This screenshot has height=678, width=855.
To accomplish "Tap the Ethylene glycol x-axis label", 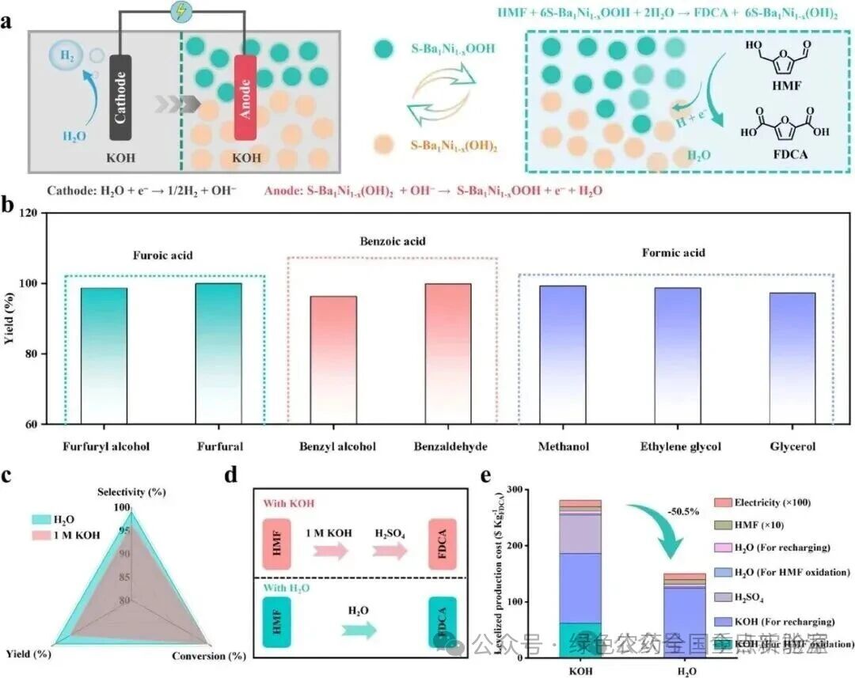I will (680, 447).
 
